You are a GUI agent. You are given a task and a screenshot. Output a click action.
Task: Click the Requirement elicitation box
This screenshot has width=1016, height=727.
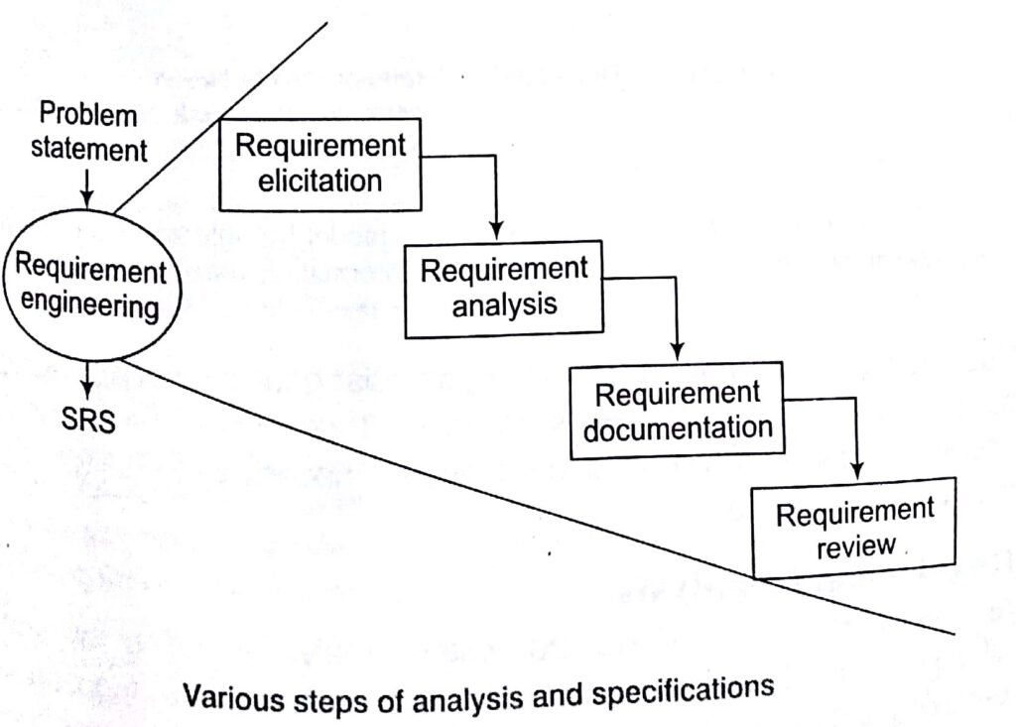pyautogui.click(x=319, y=163)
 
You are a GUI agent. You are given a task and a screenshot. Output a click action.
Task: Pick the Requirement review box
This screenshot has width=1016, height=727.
pyautogui.click(x=854, y=529)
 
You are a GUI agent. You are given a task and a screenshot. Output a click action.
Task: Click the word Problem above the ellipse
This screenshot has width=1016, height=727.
pyautogui.click(x=88, y=116)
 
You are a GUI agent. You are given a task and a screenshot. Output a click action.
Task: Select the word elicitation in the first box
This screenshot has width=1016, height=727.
pyautogui.click(x=319, y=181)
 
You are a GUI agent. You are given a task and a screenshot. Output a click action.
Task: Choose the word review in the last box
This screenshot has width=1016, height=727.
pyautogui.click(x=855, y=547)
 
